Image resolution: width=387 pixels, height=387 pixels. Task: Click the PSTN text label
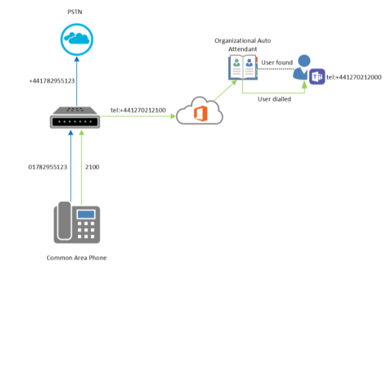(x=74, y=12)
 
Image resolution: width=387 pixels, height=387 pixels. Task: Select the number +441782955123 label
(x=52, y=81)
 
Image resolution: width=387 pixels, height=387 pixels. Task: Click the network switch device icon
(x=76, y=118)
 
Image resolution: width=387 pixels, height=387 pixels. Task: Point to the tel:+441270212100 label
(x=138, y=110)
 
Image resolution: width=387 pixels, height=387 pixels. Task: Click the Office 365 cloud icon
(x=199, y=111)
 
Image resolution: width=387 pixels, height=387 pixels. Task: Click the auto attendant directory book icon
(x=243, y=67)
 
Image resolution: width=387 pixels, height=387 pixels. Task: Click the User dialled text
(x=274, y=99)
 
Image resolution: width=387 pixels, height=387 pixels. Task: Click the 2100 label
(x=92, y=167)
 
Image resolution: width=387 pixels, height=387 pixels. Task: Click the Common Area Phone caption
(x=76, y=257)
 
